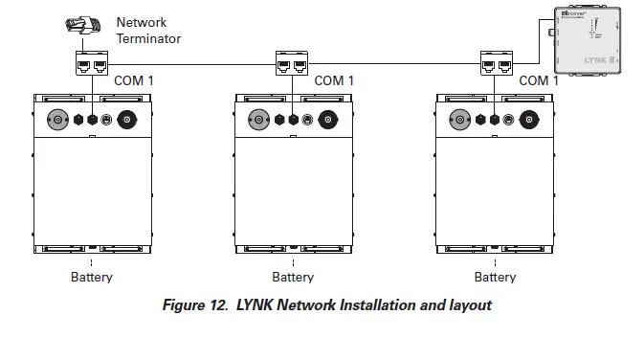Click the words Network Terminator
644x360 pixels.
point(148,31)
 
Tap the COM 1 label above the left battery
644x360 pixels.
point(134,81)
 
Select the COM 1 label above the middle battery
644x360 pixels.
point(334,81)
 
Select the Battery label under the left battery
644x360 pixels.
point(92,278)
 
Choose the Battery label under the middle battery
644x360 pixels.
point(293,278)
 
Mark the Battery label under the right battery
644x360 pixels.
point(495,278)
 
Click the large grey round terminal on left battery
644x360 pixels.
point(56,121)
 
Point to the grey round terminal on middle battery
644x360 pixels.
point(257,121)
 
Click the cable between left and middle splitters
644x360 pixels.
point(191,65)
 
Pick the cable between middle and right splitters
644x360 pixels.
point(392,65)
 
